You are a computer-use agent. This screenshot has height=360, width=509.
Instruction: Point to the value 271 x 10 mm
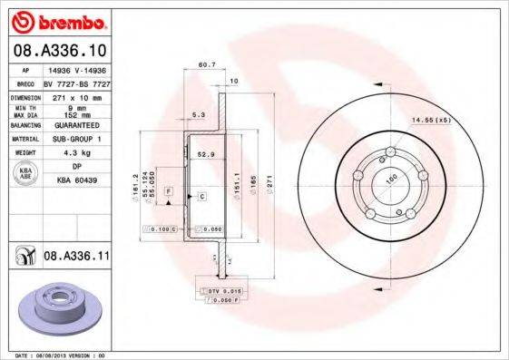(x=75, y=95)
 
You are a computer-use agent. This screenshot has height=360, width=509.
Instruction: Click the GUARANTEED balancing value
(x=75, y=125)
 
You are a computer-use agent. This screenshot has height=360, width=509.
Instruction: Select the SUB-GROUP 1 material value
(x=75, y=139)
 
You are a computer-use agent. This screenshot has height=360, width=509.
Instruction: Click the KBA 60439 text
(x=75, y=180)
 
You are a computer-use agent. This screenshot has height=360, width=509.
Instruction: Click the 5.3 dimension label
(x=198, y=115)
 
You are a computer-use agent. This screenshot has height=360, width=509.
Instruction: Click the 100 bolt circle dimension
(x=391, y=179)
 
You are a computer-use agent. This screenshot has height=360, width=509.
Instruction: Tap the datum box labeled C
(x=201, y=196)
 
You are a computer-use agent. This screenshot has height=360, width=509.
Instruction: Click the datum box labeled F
(x=169, y=191)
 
